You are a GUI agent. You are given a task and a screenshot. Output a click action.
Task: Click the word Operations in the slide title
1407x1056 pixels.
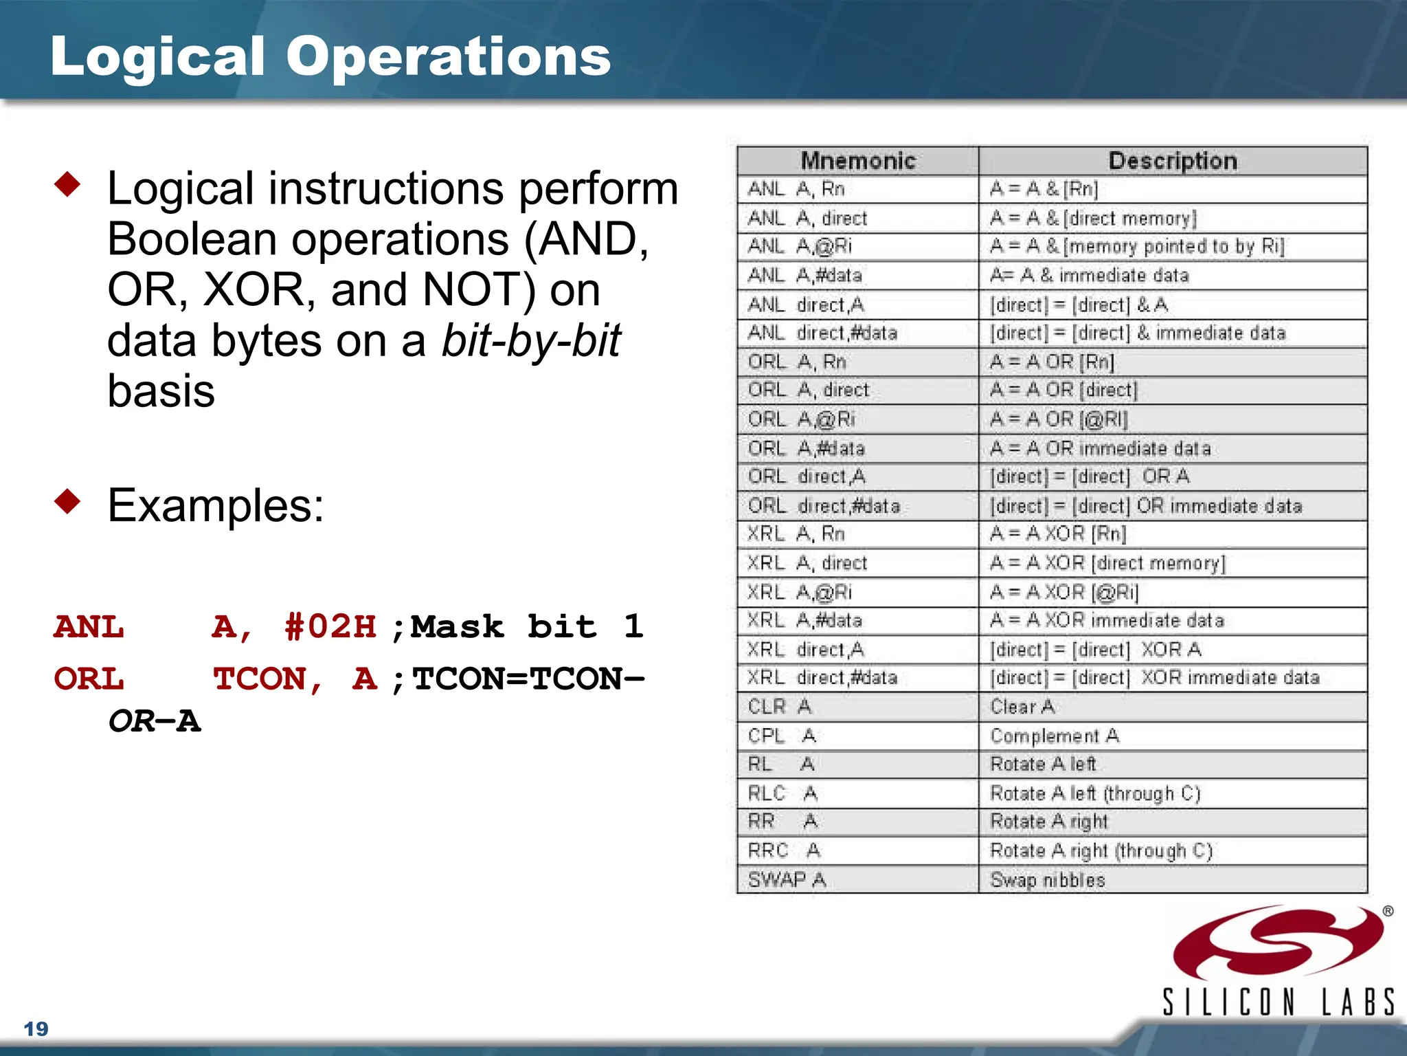tap(448, 56)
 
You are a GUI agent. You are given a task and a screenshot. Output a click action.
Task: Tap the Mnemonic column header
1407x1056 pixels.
tap(857, 161)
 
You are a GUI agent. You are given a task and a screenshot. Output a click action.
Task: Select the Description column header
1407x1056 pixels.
tap(1173, 161)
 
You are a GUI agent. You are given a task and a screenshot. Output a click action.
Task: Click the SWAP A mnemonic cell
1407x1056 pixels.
tap(787, 879)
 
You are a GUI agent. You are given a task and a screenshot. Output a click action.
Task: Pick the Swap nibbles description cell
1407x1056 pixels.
tap(1047, 879)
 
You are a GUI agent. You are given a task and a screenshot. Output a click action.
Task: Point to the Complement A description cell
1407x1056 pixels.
tap(1055, 736)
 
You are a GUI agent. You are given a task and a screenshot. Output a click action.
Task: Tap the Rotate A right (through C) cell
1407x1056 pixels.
tap(1101, 850)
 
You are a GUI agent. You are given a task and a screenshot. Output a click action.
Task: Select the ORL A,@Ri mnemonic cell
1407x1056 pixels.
tap(801, 419)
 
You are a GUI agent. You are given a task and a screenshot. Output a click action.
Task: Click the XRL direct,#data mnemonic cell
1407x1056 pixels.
tap(822, 677)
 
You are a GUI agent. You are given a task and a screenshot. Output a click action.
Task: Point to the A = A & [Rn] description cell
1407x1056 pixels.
tap(1044, 188)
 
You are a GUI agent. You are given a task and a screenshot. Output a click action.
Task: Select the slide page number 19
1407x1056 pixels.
tap(36, 1028)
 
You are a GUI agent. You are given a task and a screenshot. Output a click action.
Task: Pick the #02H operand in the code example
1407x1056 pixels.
tap(330, 626)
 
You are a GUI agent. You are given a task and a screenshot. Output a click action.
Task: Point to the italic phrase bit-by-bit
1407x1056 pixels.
tap(530, 340)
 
